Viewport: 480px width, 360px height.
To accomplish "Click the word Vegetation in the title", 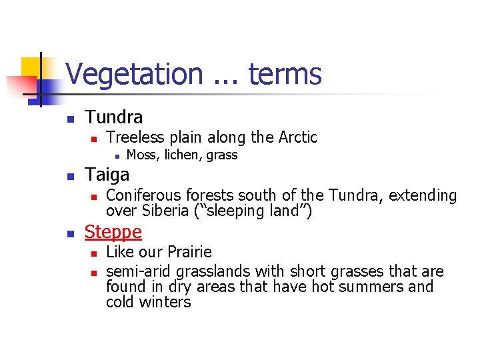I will (134, 74).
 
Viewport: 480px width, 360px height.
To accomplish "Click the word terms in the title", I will (285, 74).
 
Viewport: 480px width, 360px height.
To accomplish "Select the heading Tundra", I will (114, 117).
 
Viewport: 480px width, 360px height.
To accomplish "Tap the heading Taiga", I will (107, 175).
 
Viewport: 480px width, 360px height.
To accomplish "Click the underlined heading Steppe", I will (113, 232).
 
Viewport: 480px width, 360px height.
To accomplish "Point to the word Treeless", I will (135, 137).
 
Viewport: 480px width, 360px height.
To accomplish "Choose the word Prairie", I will (189, 252).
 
